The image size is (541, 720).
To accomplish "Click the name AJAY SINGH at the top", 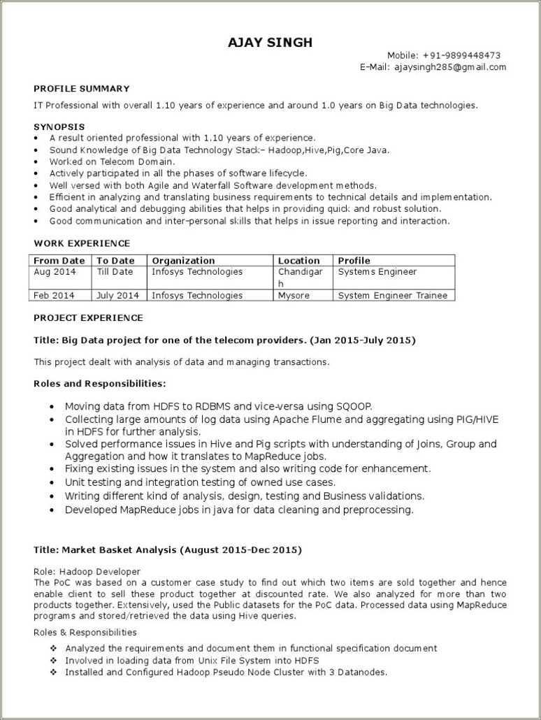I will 270,43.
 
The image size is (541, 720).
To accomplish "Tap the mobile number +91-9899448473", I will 461,55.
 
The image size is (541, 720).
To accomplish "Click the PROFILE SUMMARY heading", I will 82,89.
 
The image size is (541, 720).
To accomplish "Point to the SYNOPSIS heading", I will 59,127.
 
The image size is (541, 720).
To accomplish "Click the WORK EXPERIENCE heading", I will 82,243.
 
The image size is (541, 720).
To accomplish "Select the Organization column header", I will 183,260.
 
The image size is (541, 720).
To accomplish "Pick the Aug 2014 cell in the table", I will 55,272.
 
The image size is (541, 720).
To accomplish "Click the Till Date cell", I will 115,272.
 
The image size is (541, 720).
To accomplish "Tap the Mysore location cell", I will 294,296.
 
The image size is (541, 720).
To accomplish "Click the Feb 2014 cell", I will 54,296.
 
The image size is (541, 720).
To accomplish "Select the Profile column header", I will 354,260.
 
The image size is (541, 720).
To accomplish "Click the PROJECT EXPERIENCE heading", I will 88,318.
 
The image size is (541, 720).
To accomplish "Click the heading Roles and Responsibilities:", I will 100,384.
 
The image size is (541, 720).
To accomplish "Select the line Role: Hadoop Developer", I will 87,572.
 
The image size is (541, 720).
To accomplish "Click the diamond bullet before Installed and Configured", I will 54,672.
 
